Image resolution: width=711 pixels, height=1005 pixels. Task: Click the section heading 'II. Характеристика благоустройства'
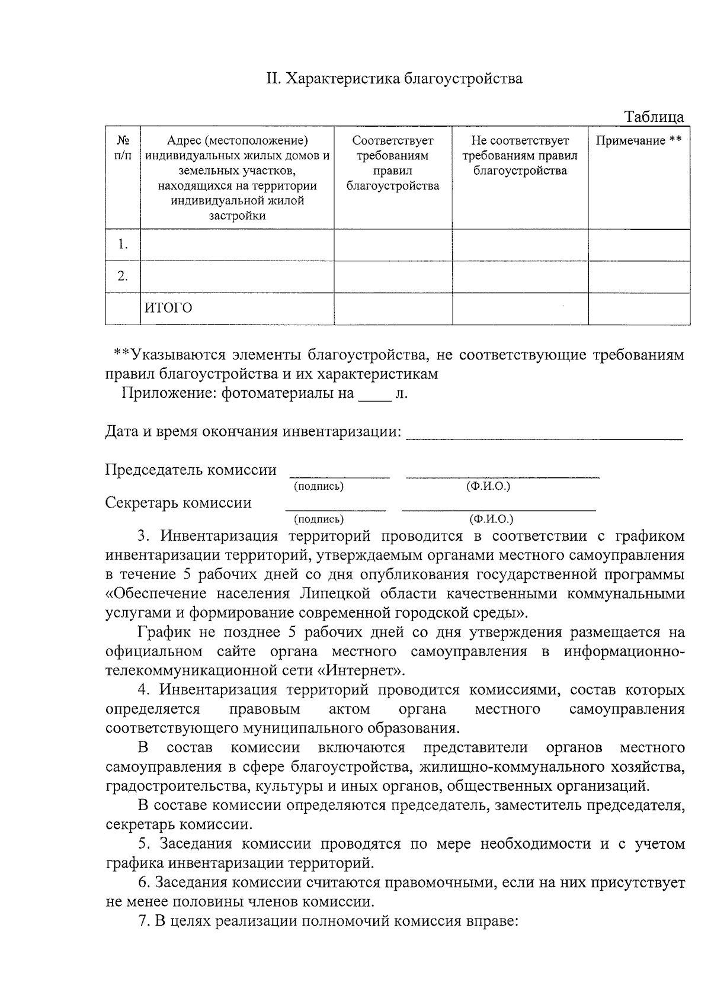(393, 79)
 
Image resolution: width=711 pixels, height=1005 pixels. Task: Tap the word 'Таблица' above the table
(654, 117)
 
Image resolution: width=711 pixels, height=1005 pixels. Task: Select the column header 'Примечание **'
(639, 141)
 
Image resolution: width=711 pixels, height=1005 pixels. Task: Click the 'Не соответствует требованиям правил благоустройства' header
(520, 156)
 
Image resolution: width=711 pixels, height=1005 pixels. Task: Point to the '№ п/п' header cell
(123, 148)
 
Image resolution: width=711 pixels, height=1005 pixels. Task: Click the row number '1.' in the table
(123, 245)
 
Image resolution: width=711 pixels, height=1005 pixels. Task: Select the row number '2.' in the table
(123, 277)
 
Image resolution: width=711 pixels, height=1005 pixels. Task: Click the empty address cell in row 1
(237, 245)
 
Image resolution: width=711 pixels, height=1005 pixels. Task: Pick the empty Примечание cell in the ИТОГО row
(639, 308)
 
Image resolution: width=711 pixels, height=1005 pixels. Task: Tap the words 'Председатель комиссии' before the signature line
(191, 470)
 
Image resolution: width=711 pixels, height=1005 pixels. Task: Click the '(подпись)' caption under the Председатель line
(319, 487)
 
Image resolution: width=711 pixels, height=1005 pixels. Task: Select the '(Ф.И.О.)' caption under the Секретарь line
(491, 519)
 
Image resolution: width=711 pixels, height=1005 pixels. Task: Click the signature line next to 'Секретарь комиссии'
(335, 508)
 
